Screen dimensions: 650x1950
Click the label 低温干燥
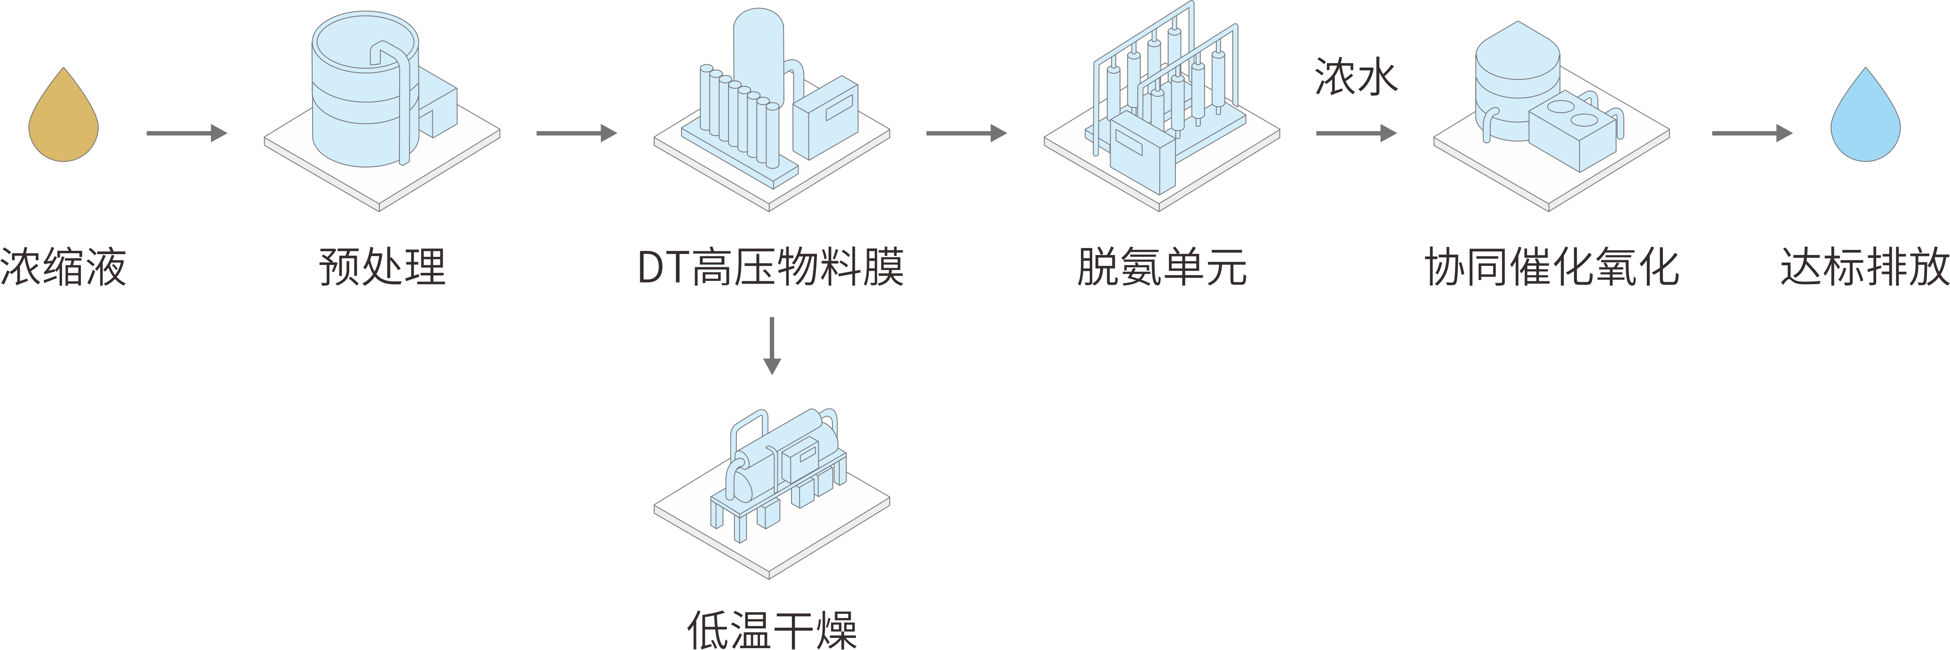point(771,629)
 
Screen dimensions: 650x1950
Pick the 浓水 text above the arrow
point(1355,77)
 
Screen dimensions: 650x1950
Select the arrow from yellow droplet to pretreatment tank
point(186,133)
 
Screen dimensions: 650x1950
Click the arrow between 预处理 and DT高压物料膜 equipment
point(576,133)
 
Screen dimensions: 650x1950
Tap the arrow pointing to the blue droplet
point(1752,133)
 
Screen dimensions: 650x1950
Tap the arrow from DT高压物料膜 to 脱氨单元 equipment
point(966,133)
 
